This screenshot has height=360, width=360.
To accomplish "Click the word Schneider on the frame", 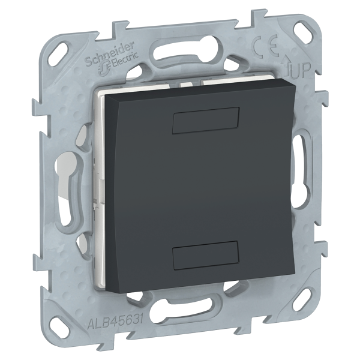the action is [x=110, y=53].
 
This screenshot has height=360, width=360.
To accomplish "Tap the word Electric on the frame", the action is [x=125, y=61].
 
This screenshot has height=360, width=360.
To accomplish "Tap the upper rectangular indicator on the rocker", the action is [x=206, y=121].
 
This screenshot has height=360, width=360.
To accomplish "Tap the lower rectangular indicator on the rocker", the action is [x=206, y=255].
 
